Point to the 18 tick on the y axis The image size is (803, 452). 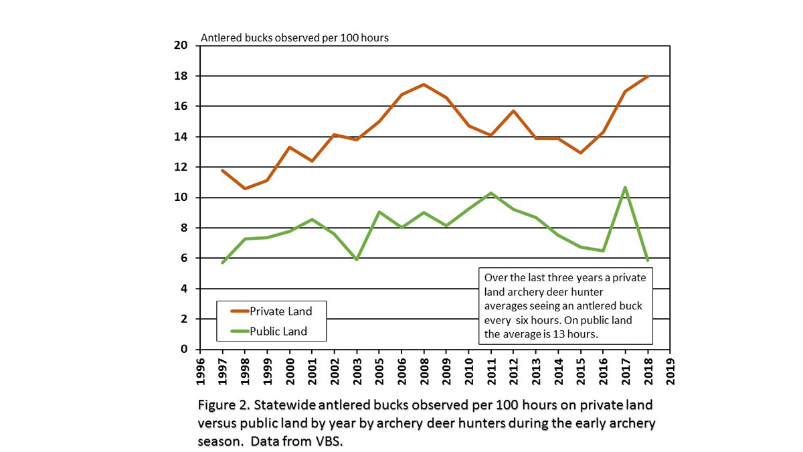pyautogui.click(x=179, y=76)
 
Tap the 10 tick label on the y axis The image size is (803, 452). pyautogui.click(x=179, y=198)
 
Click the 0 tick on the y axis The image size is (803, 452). pyautogui.click(x=182, y=350)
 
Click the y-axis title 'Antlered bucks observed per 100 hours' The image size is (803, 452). pyautogui.click(x=294, y=37)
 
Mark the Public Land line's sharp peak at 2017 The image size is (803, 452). pyautogui.click(x=625, y=187)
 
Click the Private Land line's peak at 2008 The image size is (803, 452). pyautogui.click(x=424, y=84)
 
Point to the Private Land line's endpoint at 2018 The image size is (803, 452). pyautogui.click(x=648, y=76)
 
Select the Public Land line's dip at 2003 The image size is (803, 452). pyautogui.click(x=357, y=259)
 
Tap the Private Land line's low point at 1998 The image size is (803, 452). pyautogui.click(x=244, y=189)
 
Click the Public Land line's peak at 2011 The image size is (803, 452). pyautogui.click(x=491, y=193)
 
